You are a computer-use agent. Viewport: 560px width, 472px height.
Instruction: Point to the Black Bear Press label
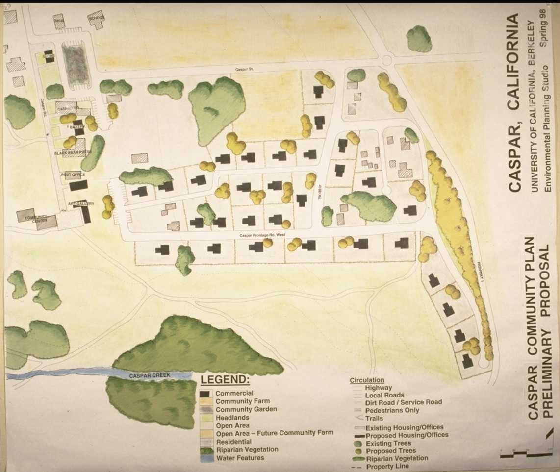coord(73,153)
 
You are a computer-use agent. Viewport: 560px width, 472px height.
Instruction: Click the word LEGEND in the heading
coord(225,380)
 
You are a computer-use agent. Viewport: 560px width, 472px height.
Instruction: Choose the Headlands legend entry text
coord(232,418)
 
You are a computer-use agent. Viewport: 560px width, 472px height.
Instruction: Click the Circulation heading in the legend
coord(367,380)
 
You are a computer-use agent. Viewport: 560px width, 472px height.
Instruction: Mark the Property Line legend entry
coord(387,467)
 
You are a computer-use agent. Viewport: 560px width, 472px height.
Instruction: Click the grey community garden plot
coord(76,64)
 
